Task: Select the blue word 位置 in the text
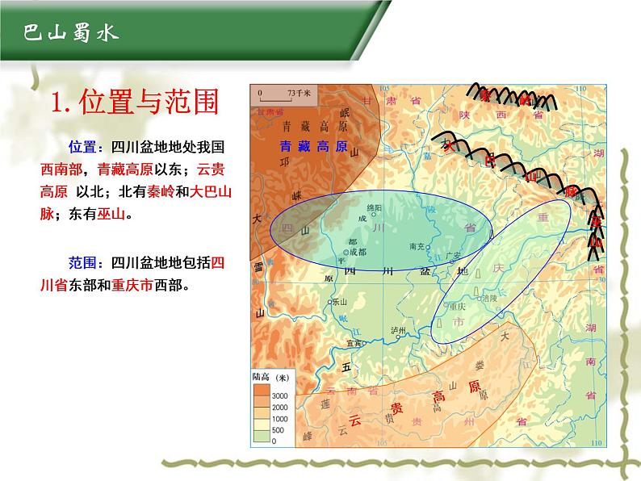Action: point(83,148)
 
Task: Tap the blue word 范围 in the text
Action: point(83,262)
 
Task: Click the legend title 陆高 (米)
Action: point(269,378)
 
